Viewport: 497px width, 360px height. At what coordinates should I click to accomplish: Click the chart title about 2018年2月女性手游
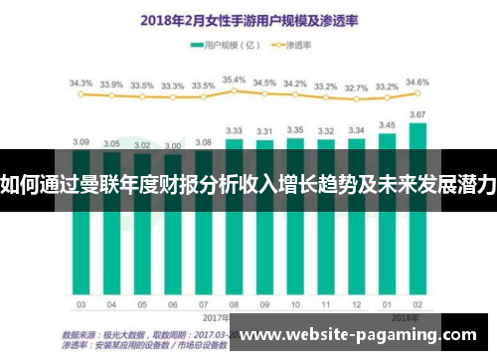249,19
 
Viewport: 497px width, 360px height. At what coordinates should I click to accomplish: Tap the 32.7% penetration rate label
356,87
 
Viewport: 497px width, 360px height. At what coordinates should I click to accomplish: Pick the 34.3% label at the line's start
82,83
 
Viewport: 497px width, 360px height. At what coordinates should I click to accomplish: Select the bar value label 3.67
417,115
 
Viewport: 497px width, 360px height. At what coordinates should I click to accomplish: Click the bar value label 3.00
173,145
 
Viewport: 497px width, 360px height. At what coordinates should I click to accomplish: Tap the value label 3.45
387,125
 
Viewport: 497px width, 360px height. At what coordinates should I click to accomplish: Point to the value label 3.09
82,141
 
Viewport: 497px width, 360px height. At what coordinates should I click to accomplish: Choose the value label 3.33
235,130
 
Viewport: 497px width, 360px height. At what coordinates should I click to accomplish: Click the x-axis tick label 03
82,304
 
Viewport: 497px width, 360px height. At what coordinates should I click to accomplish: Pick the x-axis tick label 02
417,304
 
